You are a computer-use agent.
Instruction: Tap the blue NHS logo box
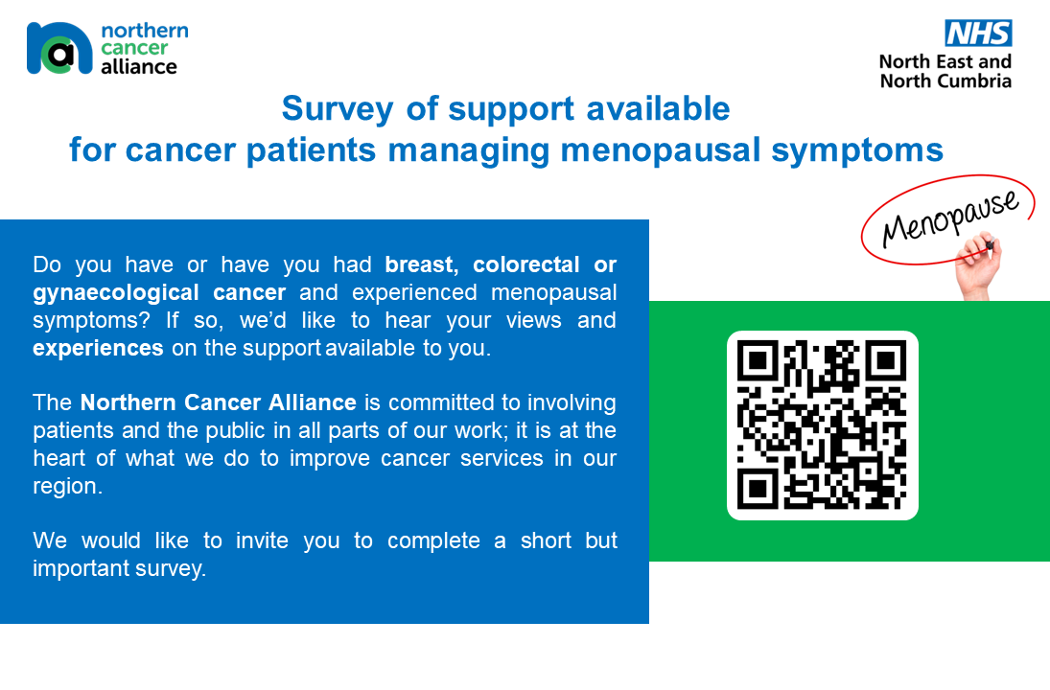point(978,34)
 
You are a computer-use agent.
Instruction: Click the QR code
point(822,425)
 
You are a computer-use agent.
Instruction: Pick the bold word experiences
point(98,348)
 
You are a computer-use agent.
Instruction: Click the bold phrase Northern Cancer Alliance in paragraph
point(219,402)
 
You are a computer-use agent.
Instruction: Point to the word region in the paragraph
point(65,486)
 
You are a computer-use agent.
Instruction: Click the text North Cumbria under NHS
point(945,81)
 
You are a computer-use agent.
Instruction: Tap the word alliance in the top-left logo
point(139,67)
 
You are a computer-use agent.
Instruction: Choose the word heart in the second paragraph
point(59,458)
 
